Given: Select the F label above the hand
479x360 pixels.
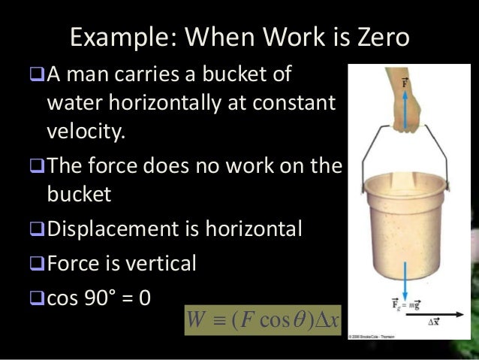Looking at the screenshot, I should click(x=406, y=81).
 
